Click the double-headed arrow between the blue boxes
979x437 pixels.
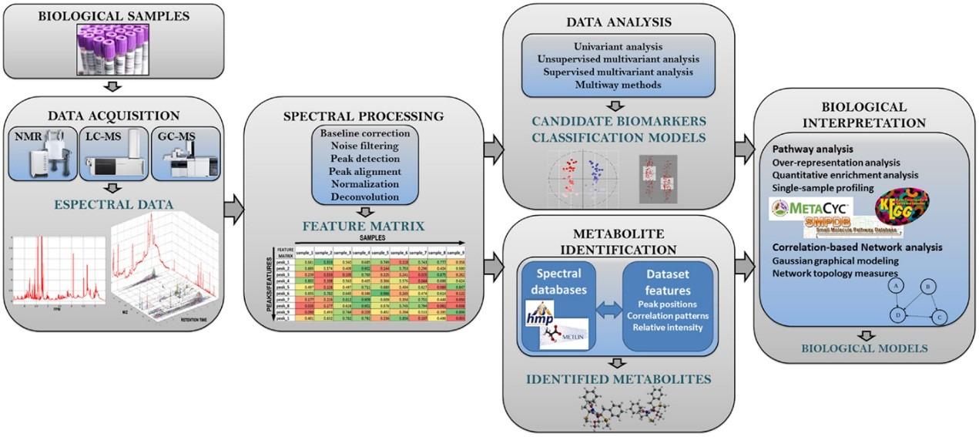pos(611,308)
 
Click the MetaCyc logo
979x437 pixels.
pos(804,207)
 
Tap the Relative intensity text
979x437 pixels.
pos(667,327)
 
